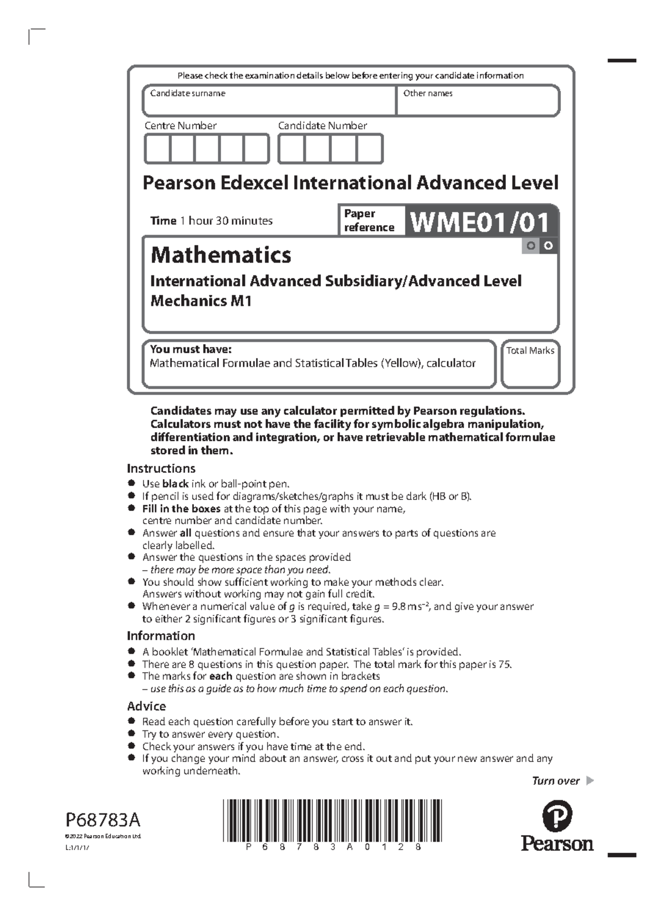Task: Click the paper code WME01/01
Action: [480, 222]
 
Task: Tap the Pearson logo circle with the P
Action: [557, 817]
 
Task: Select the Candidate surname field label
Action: [187, 93]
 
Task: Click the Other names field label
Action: [428, 93]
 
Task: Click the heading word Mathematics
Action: [221, 255]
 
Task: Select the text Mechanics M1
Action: [201, 301]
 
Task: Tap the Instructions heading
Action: [161, 468]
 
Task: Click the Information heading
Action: [161, 636]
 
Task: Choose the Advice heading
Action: [146, 706]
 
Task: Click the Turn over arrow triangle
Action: [590, 781]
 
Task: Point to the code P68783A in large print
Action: [103, 819]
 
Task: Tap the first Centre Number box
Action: [157, 149]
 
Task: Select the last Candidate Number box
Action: [369, 149]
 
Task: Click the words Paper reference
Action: [369, 221]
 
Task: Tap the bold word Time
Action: [163, 221]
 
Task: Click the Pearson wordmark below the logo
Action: [557, 843]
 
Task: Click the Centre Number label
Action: [180, 126]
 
